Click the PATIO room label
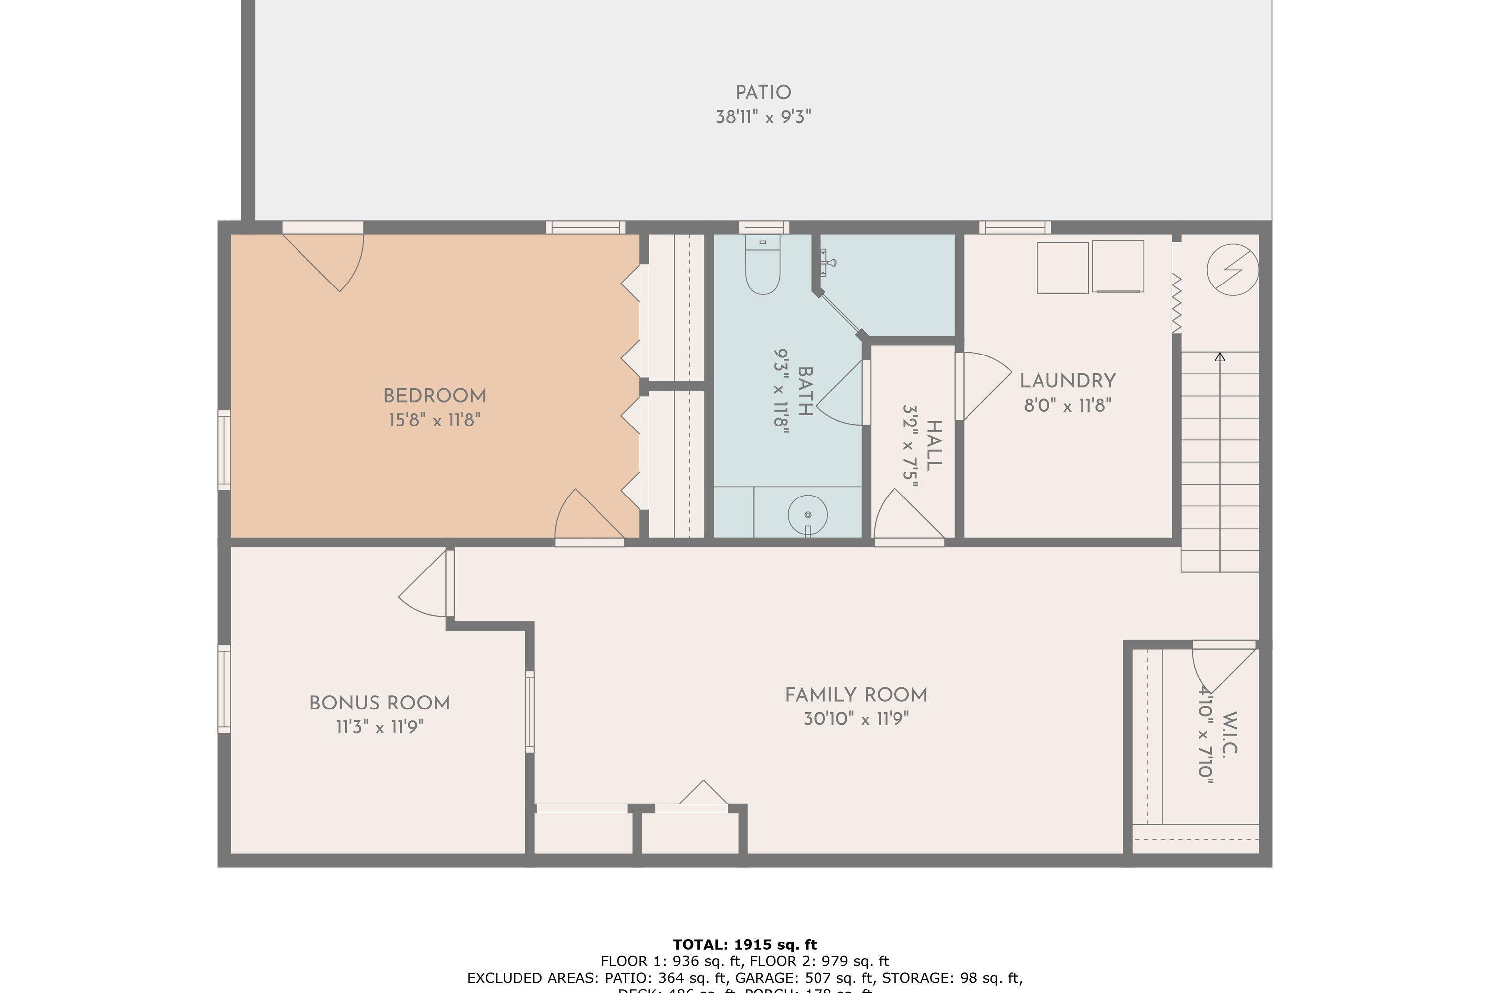763,93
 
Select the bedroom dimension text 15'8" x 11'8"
435,420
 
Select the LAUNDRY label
1067,381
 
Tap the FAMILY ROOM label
856,696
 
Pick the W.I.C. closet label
1228,733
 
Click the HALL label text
933,445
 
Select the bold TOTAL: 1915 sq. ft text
745,945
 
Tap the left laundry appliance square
1062,268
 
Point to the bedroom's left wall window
224,450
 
